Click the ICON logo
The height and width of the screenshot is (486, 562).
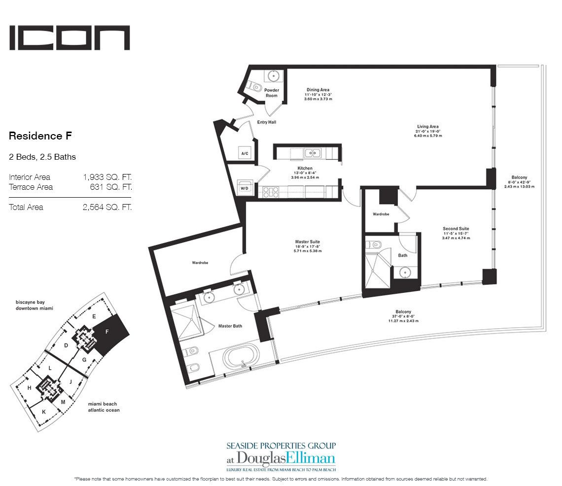click(70, 38)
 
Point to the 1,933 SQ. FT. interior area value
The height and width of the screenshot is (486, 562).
click(107, 177)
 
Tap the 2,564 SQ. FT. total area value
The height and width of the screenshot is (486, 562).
click(107, 207)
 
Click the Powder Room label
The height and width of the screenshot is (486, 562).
click(272, 93)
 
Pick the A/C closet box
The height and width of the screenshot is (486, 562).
click(245, 153)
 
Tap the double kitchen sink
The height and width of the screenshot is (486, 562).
click(313, 153)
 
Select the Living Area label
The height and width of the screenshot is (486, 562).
click(427, 127)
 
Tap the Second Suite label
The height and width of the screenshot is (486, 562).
click(456, 229)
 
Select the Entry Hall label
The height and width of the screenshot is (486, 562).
click(266, 122)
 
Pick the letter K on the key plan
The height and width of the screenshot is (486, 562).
click(43, 412)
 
